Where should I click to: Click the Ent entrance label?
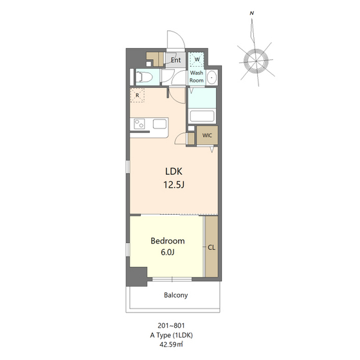pos(175,60)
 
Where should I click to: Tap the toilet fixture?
pos(144,77)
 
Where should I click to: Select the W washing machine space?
pos(197,59)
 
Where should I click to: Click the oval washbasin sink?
pos(212,77)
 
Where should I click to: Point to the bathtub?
pos(202,116)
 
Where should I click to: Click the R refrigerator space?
pos(138,95)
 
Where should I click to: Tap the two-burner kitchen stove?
pos(139,124)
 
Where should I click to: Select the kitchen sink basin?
pos(159,124)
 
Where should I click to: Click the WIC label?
pos(207,136)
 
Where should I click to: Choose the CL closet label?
pos(212,248)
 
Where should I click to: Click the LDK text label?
pos(174,172)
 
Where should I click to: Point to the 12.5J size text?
pos(174,184)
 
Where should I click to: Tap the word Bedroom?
pos(168,241)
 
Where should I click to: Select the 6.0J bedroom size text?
pos(168,252)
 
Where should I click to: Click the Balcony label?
pos(176,295)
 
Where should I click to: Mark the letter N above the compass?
pos(252,14)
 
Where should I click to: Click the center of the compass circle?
pos(256,61)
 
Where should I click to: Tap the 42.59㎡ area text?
pos(171,345)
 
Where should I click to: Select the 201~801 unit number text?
pos(171,325)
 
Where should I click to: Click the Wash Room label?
pos(197,76)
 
